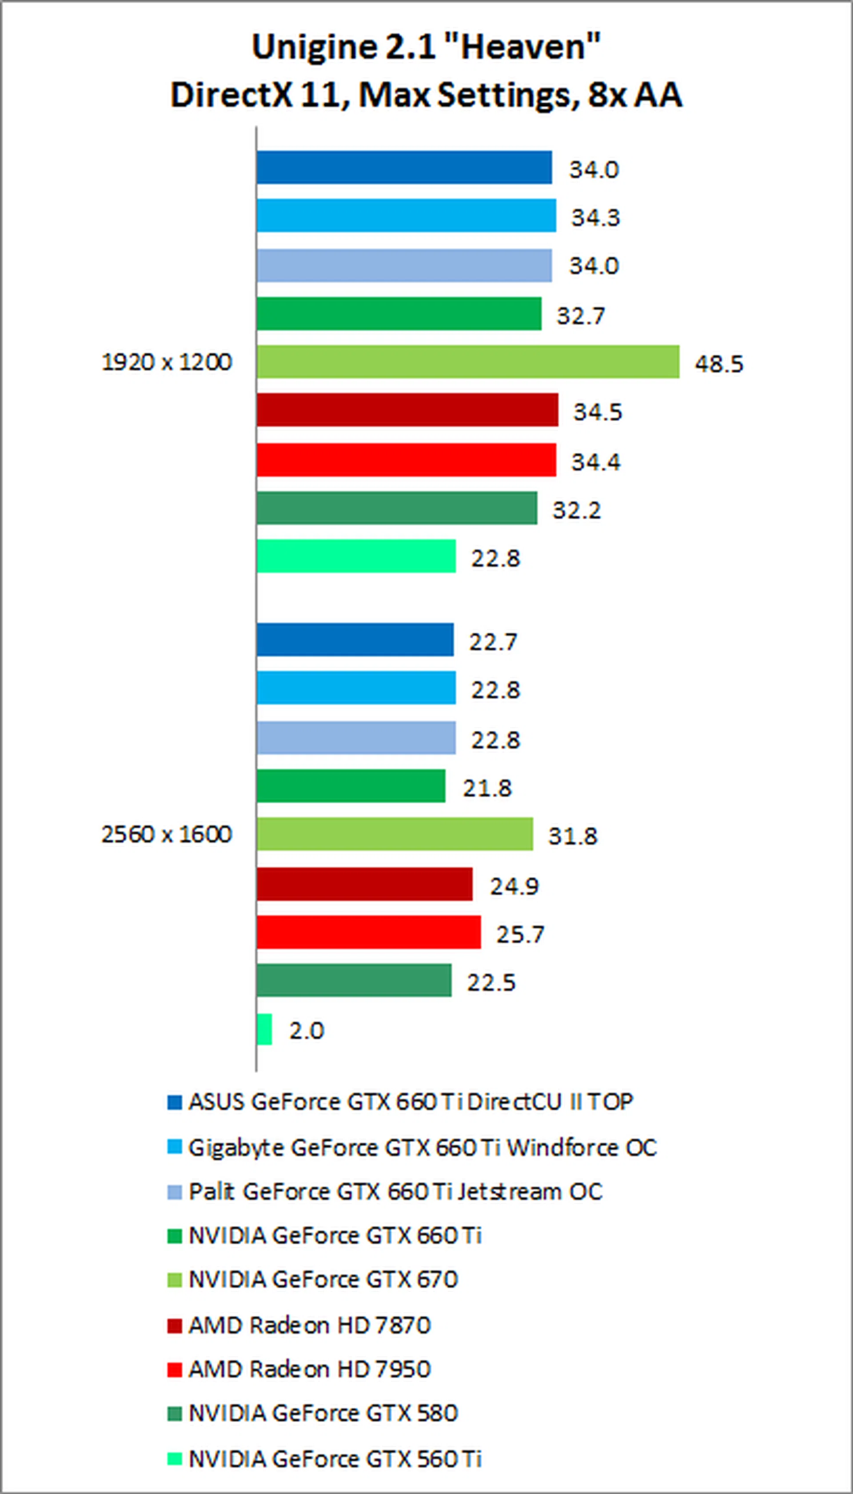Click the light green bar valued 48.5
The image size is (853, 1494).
(x=467, y=362)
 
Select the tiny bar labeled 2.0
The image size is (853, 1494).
(x=264, y=1029)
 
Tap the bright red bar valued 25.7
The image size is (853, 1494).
(x=368, y=932)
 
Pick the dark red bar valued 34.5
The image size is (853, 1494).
(x=407, y=410)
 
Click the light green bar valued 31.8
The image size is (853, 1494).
(x=394, y=834)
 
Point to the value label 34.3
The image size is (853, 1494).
(x=595, y=217)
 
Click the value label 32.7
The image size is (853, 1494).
(x=580, y=316)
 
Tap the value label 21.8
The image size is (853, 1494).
(x=487, y=788)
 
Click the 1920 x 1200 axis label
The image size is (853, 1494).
(x=167, y=362)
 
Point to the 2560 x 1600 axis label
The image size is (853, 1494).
(x=167, y=834)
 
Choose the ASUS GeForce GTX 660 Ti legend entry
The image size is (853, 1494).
(x=410, y=1102)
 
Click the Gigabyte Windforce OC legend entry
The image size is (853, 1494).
(x=422, y=1147)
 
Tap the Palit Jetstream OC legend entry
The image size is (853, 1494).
(x=395, y=1191)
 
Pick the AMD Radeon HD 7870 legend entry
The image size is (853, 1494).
(x=309, y=1325)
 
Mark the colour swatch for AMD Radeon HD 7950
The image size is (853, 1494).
(x=175, y=1370)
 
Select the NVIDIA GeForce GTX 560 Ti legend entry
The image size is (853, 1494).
(x=335, y=1458)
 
